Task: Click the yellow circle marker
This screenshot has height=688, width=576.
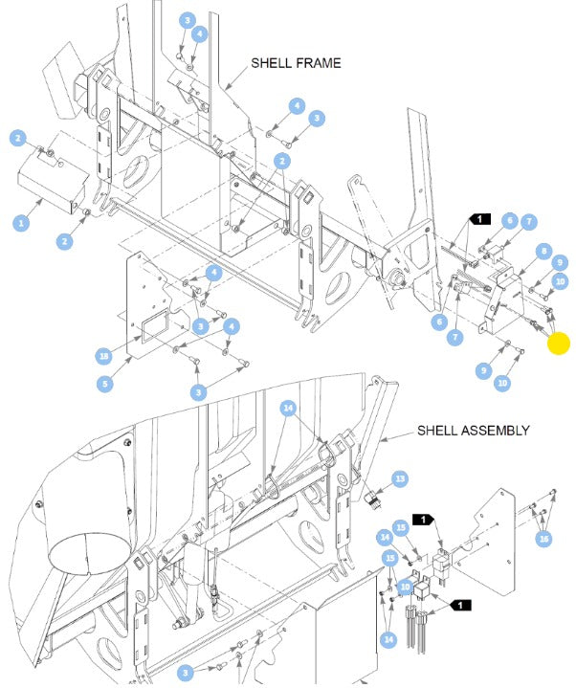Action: [x=559, y=344]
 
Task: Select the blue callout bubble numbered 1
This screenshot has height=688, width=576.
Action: [x=21, y=223]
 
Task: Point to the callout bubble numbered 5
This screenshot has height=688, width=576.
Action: [x=105, y=385]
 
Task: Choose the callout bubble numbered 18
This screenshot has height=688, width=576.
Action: [x=104, y=356]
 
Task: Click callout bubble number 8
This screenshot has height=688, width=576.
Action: [x=544, y=251]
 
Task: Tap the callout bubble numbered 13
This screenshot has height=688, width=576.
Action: [x=400, y=478]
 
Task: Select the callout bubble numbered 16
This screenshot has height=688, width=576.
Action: [x=544, y=539]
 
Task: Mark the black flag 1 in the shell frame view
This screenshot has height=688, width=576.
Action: [x=479, y=218]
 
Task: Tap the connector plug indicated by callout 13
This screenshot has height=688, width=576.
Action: [x=371, y=499]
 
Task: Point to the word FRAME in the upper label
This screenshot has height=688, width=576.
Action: [x=319, y=63]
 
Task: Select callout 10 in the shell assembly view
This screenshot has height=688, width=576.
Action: [x=406, y=587]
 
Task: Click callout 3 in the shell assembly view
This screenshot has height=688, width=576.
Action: [x=185, y=673]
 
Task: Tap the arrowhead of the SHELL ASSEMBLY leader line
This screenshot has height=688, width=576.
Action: [x=382, y=440]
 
